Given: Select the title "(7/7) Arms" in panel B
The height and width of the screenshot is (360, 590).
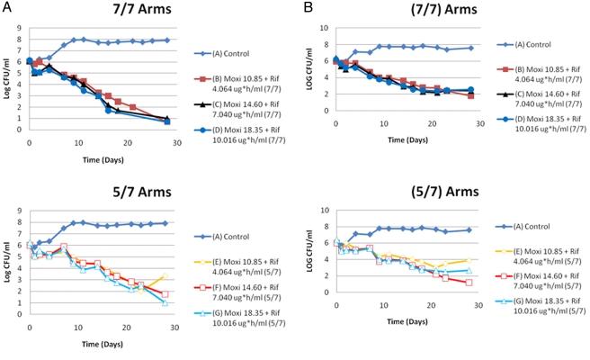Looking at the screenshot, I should coord(404,11).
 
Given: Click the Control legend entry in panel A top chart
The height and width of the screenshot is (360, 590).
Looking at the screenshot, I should coord(237,42).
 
